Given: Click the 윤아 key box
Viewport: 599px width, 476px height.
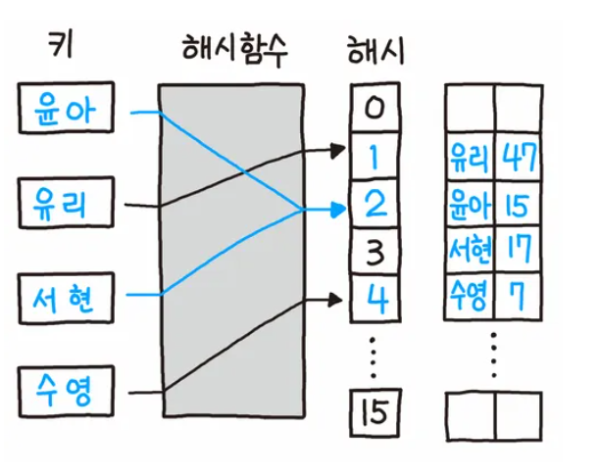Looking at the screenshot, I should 67,109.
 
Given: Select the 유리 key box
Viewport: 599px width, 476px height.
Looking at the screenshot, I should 67,204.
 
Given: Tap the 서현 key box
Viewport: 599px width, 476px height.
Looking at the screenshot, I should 67,299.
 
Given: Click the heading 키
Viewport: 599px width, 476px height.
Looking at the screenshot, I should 60,45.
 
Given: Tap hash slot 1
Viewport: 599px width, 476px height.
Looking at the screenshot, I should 374,155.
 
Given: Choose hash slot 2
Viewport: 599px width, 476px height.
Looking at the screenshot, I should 374,204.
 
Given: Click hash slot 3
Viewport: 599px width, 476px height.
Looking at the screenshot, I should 374,252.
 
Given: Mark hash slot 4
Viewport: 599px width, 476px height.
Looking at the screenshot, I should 374,298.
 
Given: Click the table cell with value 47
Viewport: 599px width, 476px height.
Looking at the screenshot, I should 517,155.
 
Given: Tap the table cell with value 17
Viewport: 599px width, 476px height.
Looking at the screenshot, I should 517,251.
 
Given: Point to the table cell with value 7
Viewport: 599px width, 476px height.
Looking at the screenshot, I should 517,297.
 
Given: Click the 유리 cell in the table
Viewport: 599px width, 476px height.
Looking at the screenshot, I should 470,155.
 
